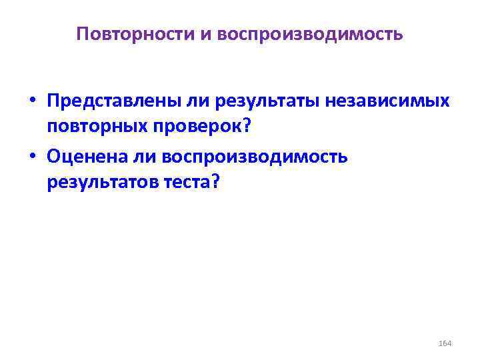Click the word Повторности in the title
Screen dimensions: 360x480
(135, 33)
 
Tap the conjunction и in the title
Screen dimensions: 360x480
(204, 33)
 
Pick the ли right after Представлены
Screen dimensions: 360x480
(176, 103)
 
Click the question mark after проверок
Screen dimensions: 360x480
(255, 127)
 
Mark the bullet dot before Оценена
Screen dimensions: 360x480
(32, 157)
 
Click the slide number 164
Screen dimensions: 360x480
(445, 343)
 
